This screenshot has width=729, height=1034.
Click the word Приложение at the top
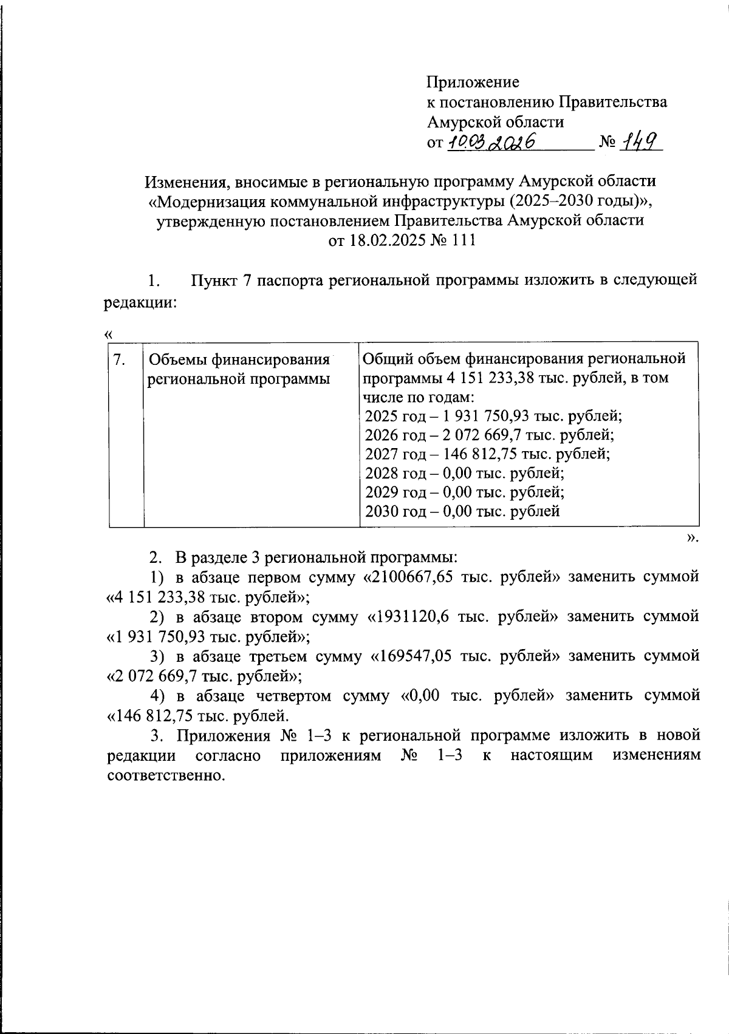[473, 81]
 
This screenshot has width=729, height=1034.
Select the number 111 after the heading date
[461, 240]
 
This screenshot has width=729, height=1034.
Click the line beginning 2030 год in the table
[462, 511]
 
